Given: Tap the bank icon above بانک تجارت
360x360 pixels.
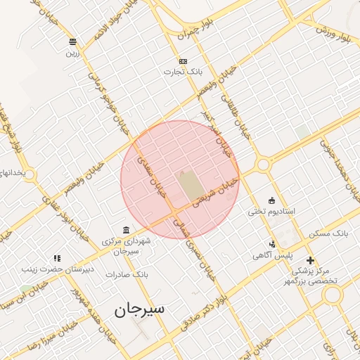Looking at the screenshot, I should tap(184, 61).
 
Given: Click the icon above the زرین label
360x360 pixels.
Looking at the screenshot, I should tap(73, 41).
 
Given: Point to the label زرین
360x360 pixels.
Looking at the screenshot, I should tap(73, 52).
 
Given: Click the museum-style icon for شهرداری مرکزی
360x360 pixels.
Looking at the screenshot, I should tap(126, 231).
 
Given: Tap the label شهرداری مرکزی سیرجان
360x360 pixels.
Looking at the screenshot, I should tap(126, 246).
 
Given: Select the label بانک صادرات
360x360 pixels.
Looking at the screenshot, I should tap(124, 274).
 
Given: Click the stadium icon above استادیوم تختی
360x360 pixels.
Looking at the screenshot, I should tap(272, 200).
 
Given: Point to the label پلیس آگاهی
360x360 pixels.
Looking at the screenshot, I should tap(272, 256).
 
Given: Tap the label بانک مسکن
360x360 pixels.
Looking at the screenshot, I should tap(329, 232).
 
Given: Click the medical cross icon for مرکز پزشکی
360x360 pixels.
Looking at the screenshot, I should tap(310, 260).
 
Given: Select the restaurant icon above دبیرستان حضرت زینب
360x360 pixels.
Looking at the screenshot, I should tap(56, 258).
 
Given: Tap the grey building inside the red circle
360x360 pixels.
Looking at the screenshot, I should tap(189, 184).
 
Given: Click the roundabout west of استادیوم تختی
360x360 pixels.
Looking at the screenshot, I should tap(264, 165).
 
